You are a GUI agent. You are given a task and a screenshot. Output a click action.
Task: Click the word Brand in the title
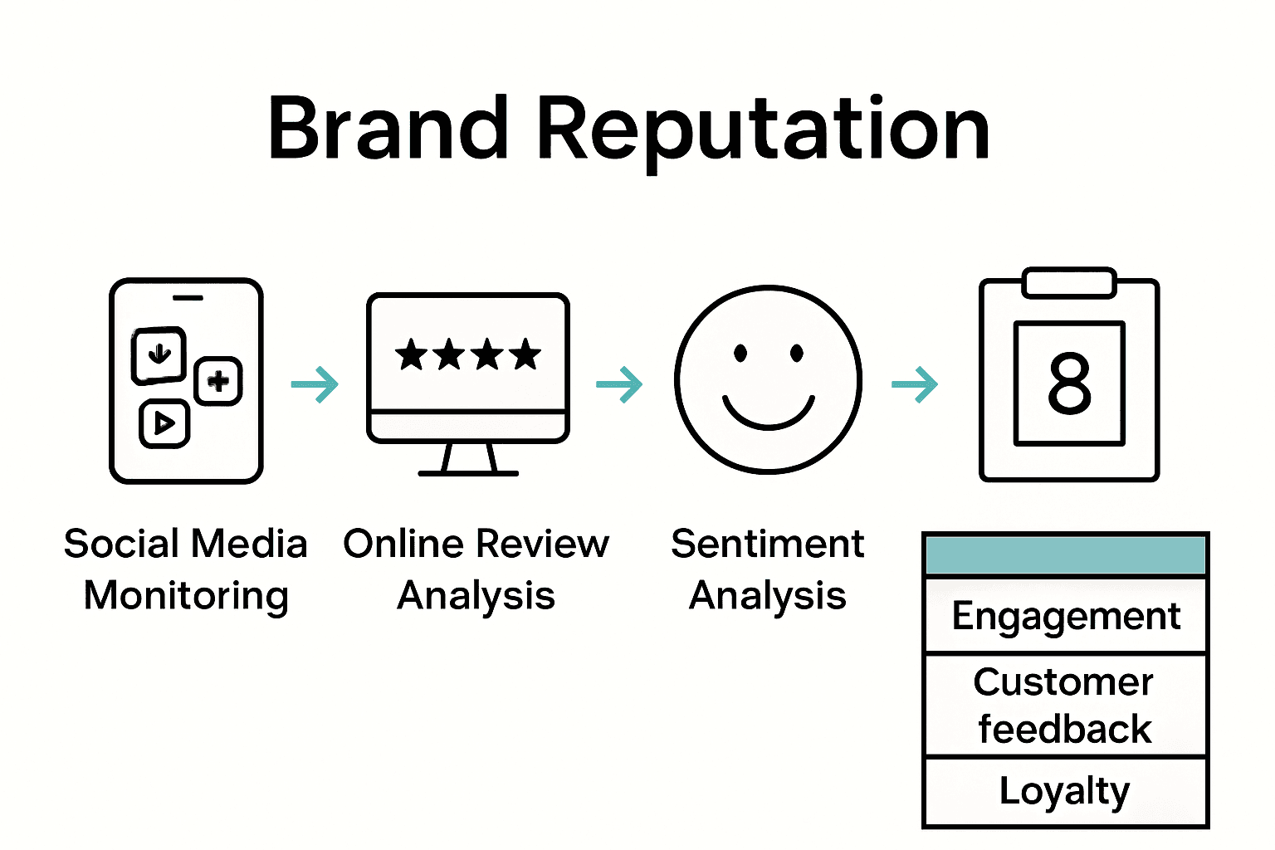388,129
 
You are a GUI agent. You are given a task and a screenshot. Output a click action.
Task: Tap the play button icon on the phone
164,423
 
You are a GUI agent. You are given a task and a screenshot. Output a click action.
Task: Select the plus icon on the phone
218,381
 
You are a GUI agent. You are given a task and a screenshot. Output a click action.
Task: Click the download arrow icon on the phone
159,354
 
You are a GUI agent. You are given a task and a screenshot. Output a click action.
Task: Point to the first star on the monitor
411,354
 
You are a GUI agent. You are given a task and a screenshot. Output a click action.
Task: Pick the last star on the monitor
525,354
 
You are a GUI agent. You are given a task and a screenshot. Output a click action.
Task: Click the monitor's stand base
468,472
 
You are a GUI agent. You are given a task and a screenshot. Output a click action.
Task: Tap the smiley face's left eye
740,354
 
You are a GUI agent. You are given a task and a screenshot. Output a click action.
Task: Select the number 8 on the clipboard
1069,383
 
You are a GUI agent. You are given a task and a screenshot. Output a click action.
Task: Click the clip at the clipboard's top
1069,282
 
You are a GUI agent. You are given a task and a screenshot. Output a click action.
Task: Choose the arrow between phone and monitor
315,384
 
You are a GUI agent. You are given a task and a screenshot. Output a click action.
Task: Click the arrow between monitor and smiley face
620,384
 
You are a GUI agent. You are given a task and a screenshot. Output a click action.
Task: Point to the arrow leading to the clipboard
915,384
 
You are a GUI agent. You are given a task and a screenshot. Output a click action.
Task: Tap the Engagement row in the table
1066,617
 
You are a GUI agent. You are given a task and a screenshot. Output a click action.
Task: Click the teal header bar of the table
1066,555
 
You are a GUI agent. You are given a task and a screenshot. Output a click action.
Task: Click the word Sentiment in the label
768,545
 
